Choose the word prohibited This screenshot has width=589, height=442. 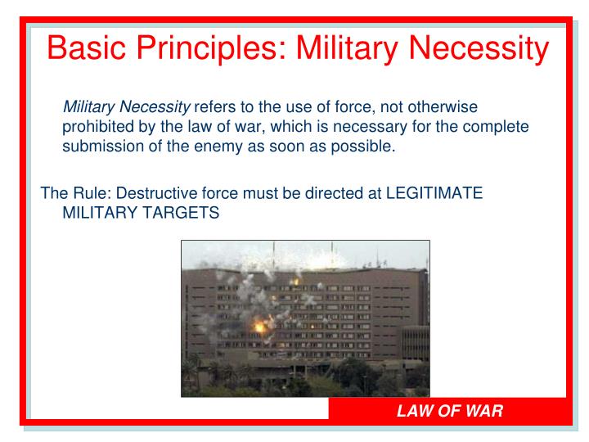[98, 127]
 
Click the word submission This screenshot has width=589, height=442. [101, 147]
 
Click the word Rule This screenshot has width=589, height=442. [88, 193]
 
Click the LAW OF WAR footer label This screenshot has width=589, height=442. [449, 409]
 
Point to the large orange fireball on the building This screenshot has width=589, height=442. [260, 325]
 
